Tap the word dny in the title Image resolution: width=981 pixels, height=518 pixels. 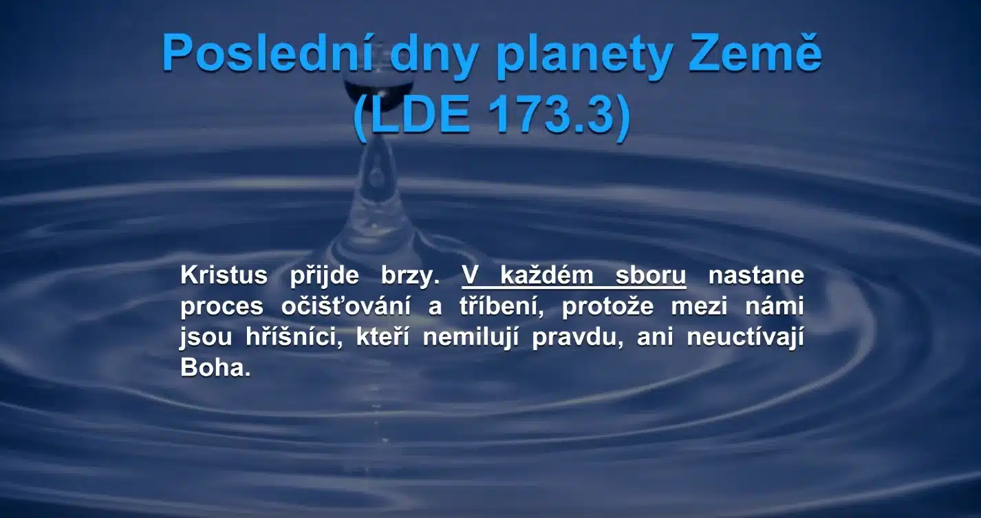pyautogui.click(x=433, y=57)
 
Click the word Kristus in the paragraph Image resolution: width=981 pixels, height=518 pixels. pyautogui.click(x=224, y=275)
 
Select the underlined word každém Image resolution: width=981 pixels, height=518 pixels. pyautogui.click(x=546, y=275)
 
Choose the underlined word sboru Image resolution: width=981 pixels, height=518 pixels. pyautogui.click(x=651, y=276)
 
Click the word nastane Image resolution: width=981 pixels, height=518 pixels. pyautogui.click(x=756, y=276)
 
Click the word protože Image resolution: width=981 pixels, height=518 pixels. pyautogui.click(x=608, y=307)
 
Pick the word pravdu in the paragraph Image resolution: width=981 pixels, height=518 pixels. pyautogui.click(x=574, y=337)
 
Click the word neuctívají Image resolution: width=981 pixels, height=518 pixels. pyautogui.click(x=746, y=337)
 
